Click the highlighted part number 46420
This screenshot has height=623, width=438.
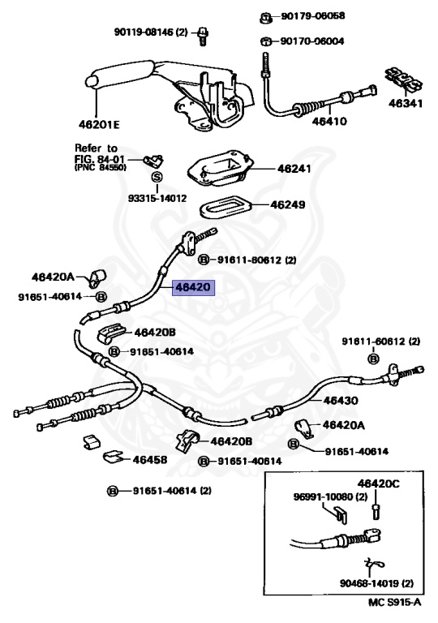[193, 287]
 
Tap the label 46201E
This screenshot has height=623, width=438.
[99, 125]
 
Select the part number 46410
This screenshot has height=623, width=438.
[329, 121]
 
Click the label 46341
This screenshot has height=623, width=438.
[406, 103]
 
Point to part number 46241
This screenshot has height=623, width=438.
[294, 169]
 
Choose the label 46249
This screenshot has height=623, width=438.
[288, 205]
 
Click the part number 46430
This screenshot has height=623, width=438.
[341, 401]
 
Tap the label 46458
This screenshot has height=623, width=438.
[150, 460]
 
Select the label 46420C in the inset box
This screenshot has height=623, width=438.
[378, 483]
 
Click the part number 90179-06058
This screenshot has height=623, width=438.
[313, 16]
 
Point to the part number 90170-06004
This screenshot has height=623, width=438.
[312, 41]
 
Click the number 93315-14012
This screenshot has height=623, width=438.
[157, 197]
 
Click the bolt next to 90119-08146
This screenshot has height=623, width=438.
[203, 36]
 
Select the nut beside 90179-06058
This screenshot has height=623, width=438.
[265, 18]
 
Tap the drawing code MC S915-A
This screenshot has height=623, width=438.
[394, 602]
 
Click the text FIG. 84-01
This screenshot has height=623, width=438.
[100, 159]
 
